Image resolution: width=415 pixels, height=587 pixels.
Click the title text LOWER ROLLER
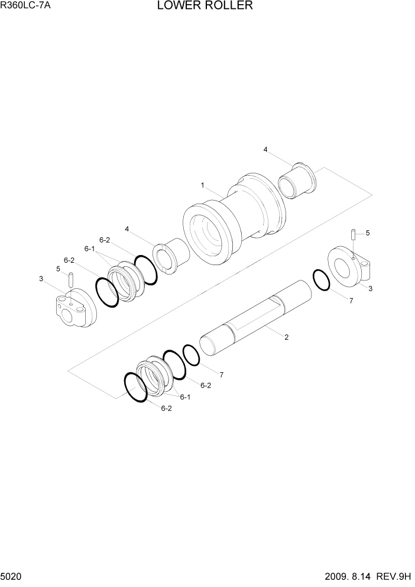205,5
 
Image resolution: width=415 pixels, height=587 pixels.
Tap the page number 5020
11,576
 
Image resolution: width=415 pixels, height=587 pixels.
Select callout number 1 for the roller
202,185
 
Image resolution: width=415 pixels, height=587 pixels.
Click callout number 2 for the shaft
286,337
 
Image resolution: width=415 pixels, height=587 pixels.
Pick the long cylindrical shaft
256,318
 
